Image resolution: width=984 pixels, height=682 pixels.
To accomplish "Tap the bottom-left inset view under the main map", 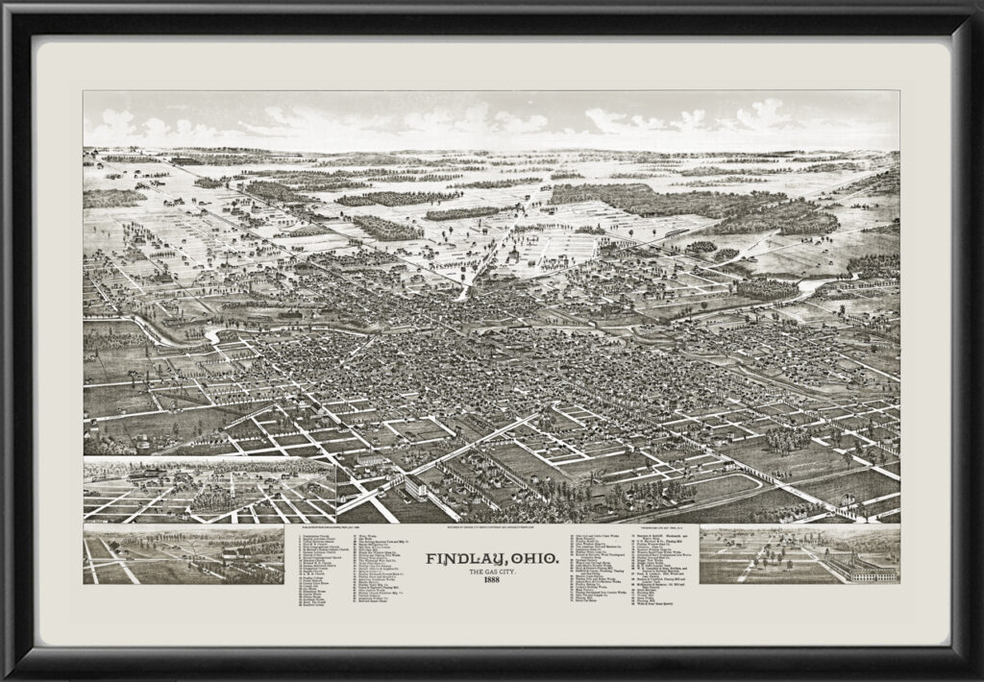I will tap(184, 554).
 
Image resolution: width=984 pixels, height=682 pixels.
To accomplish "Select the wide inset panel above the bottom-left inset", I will tap(209, 490).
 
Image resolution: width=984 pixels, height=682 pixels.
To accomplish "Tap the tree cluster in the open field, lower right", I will tap(788, 439).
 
